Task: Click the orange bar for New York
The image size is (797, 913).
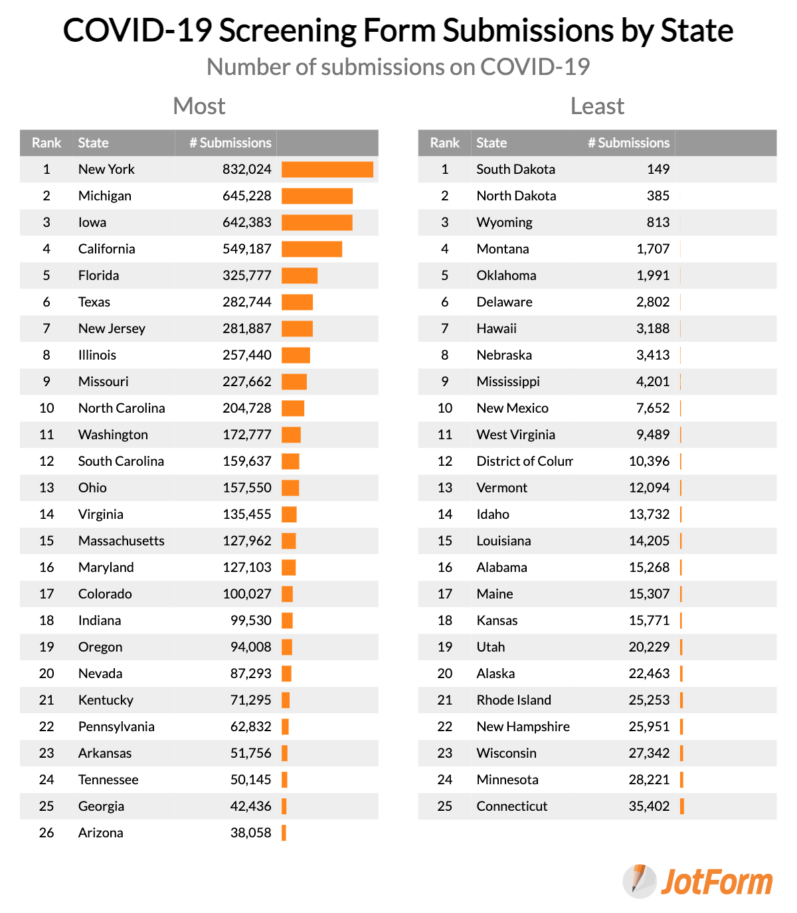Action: click(x=327, y=169)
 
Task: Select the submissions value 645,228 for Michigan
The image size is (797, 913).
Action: click(x=246, y=196)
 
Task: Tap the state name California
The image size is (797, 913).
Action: click(x=106, y=249)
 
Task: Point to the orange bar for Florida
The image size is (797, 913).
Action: click(x=300, y=275)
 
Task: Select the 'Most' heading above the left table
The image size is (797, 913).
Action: click(x=199, y=106)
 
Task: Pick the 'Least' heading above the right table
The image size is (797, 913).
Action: click(x=597, y=106)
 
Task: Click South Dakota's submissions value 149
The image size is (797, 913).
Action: click(x=658, y=169)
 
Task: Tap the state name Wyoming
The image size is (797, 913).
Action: click(x=504, y=222)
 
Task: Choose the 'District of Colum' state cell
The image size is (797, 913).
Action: click(x=524, y=461)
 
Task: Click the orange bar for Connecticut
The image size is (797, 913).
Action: click(x=682, y=806)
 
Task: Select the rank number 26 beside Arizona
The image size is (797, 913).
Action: click(x=46, y=833)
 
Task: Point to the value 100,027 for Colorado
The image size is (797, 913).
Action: click(x=246, y=594)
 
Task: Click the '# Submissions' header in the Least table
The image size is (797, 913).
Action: click(x=628, y=143)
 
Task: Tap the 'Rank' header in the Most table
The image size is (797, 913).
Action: click(x=46, y=143)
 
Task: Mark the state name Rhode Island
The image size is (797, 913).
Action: click(x=513, y=700)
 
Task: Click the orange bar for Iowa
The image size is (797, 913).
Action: click(x=317, y=222)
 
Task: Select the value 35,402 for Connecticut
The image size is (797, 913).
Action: click(x=649, y=806)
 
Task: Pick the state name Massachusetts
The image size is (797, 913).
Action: click(x=121, y=541)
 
